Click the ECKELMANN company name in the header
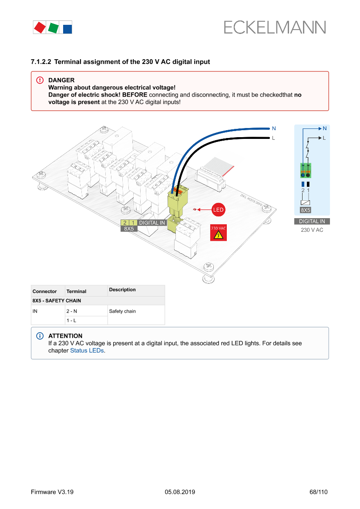click(275, 27)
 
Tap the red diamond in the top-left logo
click(40, 27)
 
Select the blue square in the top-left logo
click(67, 29)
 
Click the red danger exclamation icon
click(40, 81)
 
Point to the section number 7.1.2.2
click(41, 62)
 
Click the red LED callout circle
click(218, 210)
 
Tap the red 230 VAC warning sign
click(219, 233)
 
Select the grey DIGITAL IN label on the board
click(152, 223)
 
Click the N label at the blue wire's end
click(274, 128)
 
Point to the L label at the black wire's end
click(273, 138)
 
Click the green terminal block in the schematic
click(306, 171)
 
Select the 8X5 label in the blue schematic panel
click(306, 210)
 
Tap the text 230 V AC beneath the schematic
click(312, 230)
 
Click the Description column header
click(122, 290)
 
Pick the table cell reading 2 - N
click(72, 311)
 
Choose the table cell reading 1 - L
click(71, 320)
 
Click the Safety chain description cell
click(122, 311)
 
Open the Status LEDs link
click(87, 351)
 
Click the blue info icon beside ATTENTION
click(40, 336)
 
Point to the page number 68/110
click(318, 492)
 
